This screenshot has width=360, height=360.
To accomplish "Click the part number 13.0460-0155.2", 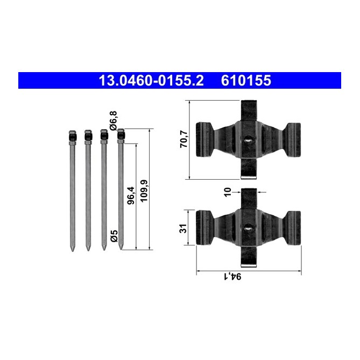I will [151, 81].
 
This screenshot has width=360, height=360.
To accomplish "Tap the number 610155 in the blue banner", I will [246, 81].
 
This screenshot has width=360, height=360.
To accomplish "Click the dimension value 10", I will [228, 191].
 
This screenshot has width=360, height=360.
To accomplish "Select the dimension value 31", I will [183, 228].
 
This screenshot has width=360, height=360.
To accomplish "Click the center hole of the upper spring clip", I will [248, 140].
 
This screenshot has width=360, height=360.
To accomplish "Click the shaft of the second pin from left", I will [88, 194].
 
